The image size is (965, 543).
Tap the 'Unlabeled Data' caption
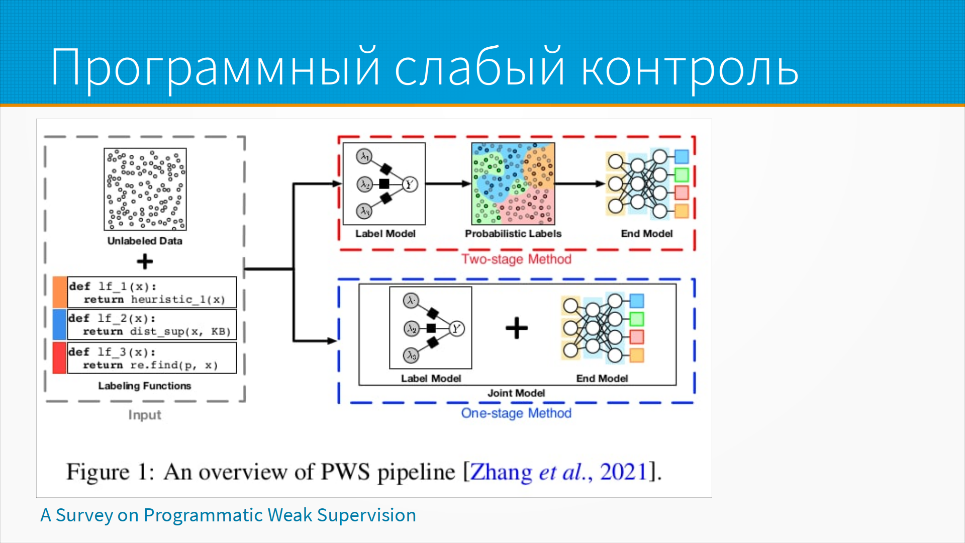coord(145,241)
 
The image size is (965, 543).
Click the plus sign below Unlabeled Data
coord(145,261)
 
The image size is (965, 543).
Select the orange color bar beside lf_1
coord(59,292)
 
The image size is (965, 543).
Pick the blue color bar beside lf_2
coord(59,324)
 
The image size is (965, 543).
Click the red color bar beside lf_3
coord(59,358)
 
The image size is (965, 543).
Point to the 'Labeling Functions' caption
coord(145,386)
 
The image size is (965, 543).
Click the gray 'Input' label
coord(145,415)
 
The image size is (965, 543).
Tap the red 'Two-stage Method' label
coord(516,259)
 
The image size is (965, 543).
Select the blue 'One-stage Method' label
coord(516,413)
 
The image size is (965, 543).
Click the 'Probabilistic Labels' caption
coord(513,233)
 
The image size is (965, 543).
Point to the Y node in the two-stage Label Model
coord(410,185)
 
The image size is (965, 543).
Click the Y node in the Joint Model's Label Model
coord(456,329)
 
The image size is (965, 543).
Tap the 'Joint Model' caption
coord(516,393)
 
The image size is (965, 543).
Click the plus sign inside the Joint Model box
coord(517,328)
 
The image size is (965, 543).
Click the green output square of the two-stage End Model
coord(682,175)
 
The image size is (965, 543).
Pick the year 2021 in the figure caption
coord(623,472)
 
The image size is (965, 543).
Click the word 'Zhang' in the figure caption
coord(501,472)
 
